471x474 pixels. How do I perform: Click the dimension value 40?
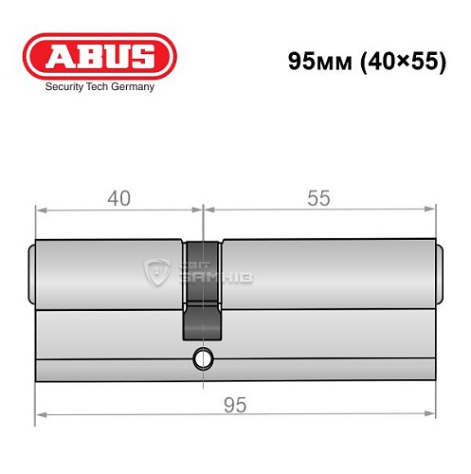tap(118, 198)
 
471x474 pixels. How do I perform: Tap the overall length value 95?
tap(235, 405)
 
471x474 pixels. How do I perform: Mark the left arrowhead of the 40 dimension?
tap(41, 210)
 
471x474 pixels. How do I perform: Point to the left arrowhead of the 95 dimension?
tap(41, 415)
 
